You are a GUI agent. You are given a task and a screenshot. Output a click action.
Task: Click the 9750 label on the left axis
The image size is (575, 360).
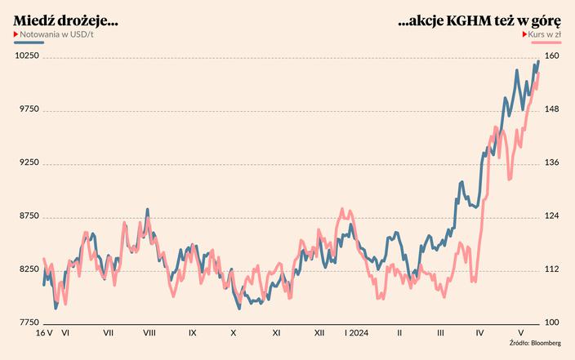28,109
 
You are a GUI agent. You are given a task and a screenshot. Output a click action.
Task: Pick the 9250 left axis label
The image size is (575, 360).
28,162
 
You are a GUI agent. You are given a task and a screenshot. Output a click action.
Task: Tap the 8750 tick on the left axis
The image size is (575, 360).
28,216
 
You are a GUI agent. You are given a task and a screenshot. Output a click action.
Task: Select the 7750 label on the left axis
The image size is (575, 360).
28,322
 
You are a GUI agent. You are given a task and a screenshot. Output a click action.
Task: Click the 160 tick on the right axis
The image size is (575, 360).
552,56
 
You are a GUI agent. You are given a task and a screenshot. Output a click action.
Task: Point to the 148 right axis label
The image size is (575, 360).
552,109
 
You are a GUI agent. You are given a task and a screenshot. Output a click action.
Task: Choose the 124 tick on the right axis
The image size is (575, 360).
552,216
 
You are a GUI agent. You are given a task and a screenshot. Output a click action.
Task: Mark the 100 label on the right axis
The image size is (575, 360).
552,322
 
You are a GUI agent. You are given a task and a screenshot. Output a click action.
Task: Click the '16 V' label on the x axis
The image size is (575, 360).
44,333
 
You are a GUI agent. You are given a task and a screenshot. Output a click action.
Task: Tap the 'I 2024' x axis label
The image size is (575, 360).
357,333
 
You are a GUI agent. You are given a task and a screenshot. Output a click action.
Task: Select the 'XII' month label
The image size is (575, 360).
319,333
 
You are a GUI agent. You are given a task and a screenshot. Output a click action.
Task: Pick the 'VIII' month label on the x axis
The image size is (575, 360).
149,333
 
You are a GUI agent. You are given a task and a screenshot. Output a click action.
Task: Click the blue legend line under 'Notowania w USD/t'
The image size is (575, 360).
29,42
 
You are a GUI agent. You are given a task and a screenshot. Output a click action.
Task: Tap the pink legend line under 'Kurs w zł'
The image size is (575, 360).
546,42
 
